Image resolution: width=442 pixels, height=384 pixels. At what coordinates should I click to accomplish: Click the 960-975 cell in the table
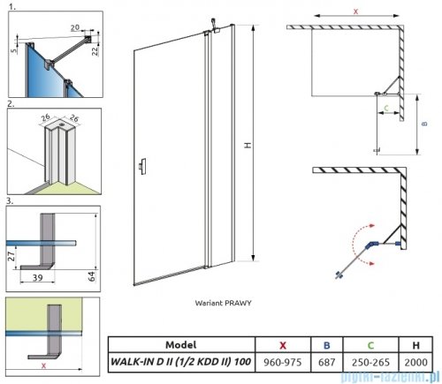point(283,362)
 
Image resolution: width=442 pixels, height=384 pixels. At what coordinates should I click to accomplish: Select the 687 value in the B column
point(326,362)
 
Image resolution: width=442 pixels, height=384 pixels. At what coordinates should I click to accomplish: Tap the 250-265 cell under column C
point(370,362)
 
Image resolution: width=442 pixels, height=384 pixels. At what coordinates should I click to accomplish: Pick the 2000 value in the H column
point(415,362)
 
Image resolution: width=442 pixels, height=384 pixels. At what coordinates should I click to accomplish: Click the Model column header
point(180,344)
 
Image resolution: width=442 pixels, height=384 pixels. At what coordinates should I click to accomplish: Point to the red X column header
point(283,345)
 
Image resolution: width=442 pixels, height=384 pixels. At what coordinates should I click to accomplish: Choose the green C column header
point(370,345)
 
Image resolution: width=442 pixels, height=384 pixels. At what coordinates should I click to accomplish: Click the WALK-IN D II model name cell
point(180,362)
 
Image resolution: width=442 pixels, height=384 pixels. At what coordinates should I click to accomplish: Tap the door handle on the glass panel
point(142,166)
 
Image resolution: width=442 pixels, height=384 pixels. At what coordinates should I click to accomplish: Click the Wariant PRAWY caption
point(223,303)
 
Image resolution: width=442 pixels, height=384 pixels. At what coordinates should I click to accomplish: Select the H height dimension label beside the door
point(248,145)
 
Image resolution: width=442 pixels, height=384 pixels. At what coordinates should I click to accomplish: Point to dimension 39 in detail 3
point(37,277)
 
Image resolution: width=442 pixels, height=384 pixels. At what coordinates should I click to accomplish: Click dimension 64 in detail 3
point(92,276)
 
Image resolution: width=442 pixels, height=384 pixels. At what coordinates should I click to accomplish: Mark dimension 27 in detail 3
point(11,256)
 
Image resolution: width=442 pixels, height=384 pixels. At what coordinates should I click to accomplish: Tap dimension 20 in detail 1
point(75,27)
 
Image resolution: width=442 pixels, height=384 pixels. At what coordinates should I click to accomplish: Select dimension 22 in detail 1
point(95,51)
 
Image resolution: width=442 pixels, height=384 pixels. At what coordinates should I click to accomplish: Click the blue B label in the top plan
point(424,124)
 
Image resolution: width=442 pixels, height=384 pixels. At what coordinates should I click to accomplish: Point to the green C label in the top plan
point(386,108)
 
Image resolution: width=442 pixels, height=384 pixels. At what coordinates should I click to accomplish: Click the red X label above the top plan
point(355,11)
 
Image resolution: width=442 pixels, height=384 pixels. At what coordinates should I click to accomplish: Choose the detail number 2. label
point(11,104)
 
